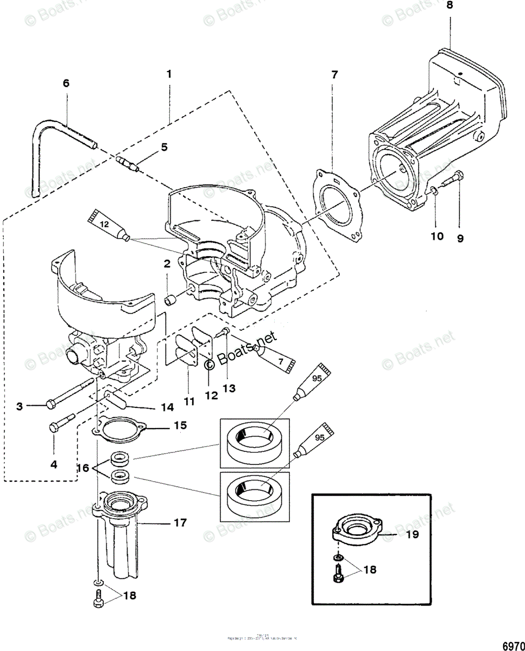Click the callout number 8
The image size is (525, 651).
[449, 6]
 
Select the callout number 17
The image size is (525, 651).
[181, 523]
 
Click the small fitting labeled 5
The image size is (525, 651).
[128, 162]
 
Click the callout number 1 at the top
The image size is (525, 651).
[169, 74]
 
